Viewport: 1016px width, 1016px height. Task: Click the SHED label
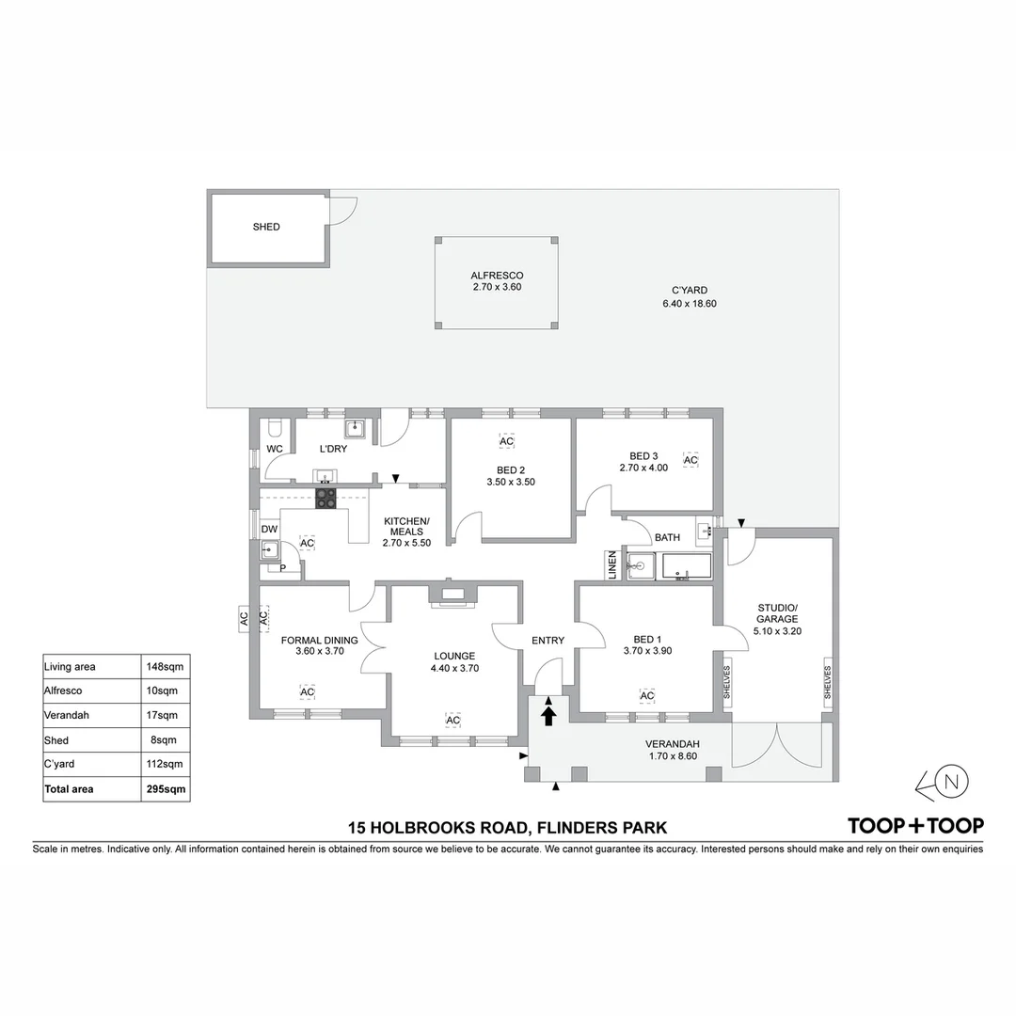click(x=266, y=227)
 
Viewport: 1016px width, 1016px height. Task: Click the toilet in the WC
click(x=275, y=429)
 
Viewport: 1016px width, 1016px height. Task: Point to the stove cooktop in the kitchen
click(x=325, y=498)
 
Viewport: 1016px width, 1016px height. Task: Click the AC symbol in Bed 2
click(x=506, y=441)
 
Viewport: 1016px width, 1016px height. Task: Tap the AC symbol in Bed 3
click(x=690, y=460)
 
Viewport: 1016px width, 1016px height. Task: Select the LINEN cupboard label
click(x=612, y=564)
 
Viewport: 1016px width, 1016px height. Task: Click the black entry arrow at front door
click(x=549, y=717)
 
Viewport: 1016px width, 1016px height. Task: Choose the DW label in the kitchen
click(x=269, y=530)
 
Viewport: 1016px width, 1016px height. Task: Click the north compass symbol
click(x=951, y=782)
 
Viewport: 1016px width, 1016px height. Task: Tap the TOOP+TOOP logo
click(x=915, y=826)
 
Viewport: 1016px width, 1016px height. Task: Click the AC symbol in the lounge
click(x=452, y=721)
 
